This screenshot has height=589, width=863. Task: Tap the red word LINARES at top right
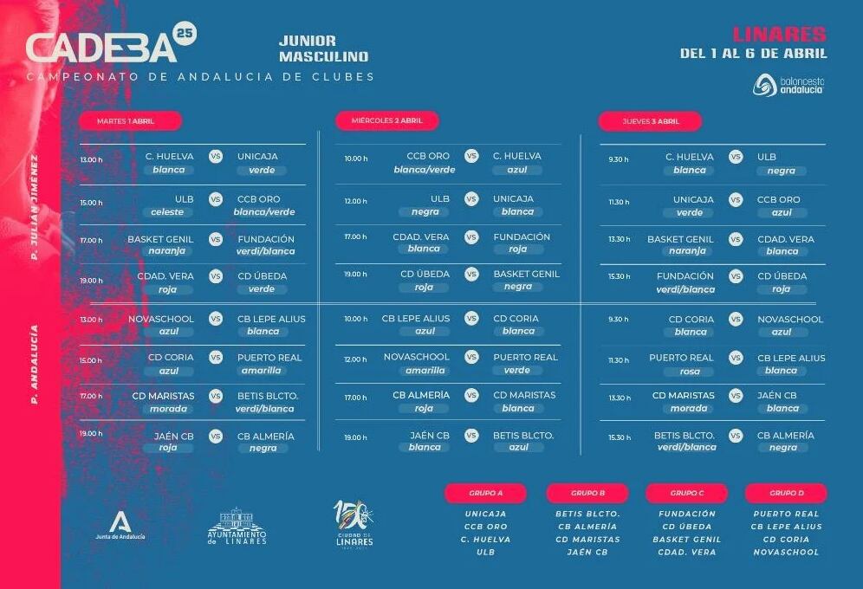[779, 35]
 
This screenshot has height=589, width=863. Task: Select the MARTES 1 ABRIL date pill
[130, 120]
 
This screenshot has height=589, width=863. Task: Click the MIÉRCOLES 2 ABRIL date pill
[387, 120]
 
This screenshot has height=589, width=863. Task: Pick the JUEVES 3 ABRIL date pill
[650, 121]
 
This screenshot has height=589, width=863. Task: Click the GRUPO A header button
[485, 493]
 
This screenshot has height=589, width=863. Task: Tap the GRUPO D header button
[786, 493]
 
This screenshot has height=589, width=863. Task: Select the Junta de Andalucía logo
[120, 525]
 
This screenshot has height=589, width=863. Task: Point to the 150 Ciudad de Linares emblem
[354, 523]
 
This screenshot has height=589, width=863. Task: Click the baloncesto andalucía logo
[788, 85]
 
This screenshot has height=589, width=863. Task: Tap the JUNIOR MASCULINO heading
[323, 49]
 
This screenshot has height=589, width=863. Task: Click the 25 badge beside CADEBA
[185, 33]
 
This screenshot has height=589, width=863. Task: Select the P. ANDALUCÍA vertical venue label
[35, 364]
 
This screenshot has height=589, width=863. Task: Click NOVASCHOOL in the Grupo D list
[785, 552]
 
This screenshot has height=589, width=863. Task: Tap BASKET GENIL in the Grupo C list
[687, 539]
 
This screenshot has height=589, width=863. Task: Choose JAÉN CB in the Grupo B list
[587, 552]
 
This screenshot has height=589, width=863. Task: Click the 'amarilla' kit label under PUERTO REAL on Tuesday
[263, 370]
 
